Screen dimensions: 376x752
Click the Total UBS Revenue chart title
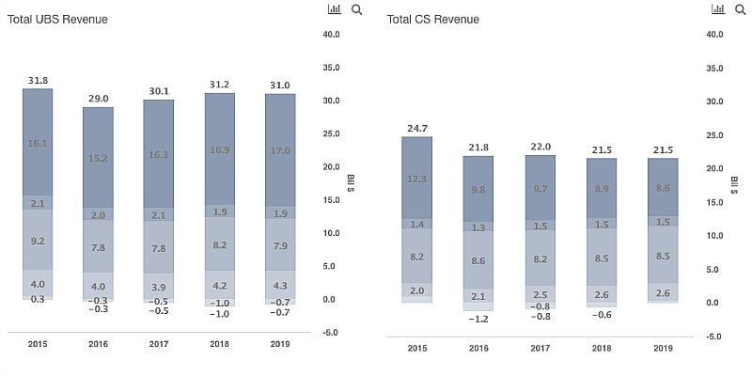click(57, 19)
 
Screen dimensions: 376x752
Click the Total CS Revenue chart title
click(432, 19)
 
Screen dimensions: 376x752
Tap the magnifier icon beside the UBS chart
click(356, 9)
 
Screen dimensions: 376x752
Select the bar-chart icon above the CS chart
click(717, 9)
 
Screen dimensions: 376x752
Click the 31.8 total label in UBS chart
click(38, 79)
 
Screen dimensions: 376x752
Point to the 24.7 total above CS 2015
click(417, 126)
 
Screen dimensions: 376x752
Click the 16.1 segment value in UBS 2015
click(38, 143)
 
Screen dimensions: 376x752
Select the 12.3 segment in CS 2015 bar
click(417, 179)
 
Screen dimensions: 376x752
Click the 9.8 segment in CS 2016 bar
click(478, 189)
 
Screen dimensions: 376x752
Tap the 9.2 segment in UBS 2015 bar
click(38, 241)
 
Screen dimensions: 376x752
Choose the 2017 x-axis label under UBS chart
click(159, 344)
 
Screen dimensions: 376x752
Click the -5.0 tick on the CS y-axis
click(713, 337)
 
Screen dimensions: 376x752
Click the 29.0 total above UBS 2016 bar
click(98, 98)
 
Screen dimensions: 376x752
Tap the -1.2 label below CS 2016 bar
click(478, 319)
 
